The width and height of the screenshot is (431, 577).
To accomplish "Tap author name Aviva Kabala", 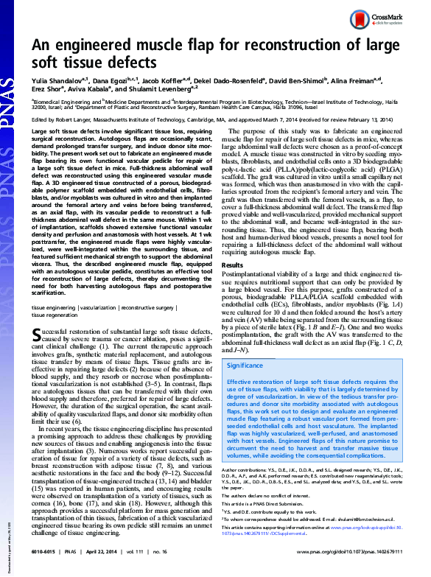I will coord(91,88).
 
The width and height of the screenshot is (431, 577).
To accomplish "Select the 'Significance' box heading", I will coord(246,365).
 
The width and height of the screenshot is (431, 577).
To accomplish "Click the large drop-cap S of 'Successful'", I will coord(36,329).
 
